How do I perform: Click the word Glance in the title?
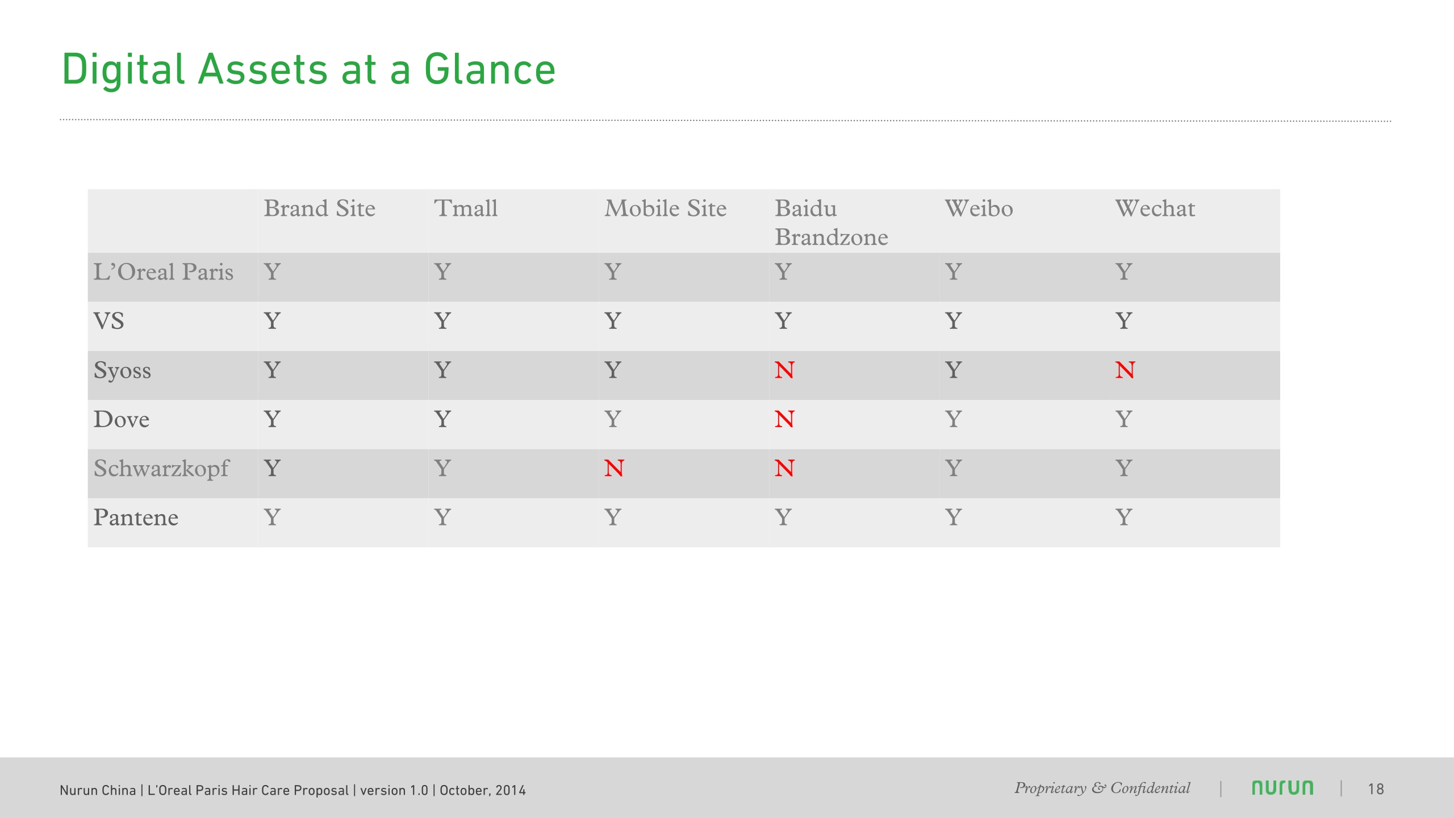coord(490,69)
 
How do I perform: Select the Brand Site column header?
coord(320,208)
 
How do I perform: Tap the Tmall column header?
coord(466,208)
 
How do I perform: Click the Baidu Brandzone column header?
coord(832,223)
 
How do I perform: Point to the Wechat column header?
coord(1155,208)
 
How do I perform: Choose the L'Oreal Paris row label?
coord(164,272)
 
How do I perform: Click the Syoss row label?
coord(123,371)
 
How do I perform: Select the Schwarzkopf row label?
coord(161,469)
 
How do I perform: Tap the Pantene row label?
coord(136,517)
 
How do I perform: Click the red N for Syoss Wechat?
coord(1125,370)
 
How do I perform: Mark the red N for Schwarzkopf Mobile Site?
coord(614,469)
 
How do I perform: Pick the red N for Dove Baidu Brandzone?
coord(784,420)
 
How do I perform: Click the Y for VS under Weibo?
coord(954,321)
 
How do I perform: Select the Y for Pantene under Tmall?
coord(442,517)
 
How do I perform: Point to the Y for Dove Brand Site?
coord(272,420)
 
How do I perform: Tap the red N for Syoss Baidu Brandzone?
coord(784,370)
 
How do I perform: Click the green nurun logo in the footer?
coord(1282,788)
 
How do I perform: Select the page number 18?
coord(1376,789)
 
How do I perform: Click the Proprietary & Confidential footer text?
coord(1102,788)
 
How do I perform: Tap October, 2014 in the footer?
coord(483,790)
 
